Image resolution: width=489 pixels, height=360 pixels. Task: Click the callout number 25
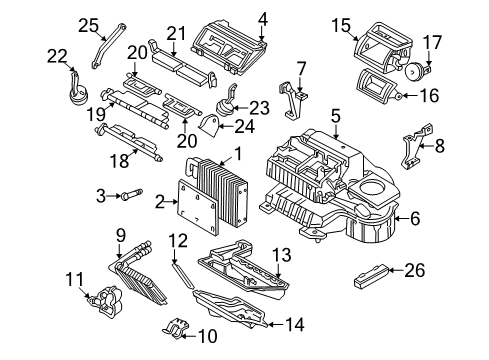89,25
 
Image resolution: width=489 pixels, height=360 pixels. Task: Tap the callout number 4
262,18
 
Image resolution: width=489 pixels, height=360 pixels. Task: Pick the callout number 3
102,194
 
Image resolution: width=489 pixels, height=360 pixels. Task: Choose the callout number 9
120,237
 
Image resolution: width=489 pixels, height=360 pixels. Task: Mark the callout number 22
57,55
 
